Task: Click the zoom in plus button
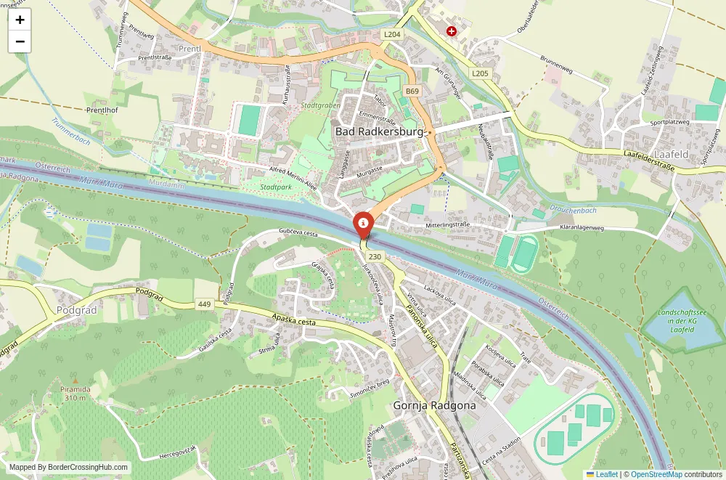point(20,20)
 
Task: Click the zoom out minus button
point(20,41)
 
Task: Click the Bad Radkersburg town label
point(378,132)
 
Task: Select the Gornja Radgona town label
point(434,405)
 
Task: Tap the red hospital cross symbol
point(452,31)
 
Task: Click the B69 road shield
point(412,91)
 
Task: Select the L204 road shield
point(392,34)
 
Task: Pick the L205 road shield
point(479,73)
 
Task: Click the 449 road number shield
point(203,305)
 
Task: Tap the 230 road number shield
point(375,257)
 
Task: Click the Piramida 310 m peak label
point(76,393)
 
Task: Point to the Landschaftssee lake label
point(672,320)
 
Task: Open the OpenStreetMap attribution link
point(656,474)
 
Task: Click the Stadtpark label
point(276,187)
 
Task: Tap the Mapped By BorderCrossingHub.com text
point(69,468)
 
